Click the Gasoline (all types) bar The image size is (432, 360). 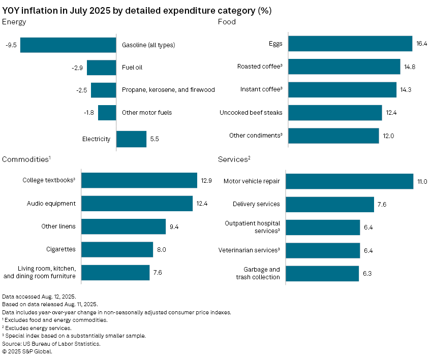68,45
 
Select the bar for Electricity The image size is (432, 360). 131,139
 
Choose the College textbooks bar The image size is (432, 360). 139,180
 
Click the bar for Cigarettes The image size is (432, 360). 117,249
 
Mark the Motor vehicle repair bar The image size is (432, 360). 350,181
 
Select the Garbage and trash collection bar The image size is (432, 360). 322,273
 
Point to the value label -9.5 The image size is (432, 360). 11,45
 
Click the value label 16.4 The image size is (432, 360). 422,44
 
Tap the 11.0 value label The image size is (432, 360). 422,181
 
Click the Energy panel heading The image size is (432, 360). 14,22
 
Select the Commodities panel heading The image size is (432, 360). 26,159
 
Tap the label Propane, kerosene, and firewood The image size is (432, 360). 168,90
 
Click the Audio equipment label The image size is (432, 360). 51,204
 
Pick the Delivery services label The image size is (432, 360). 256,204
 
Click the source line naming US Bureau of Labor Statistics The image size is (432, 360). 51,344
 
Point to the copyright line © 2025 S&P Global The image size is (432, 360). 27,351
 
